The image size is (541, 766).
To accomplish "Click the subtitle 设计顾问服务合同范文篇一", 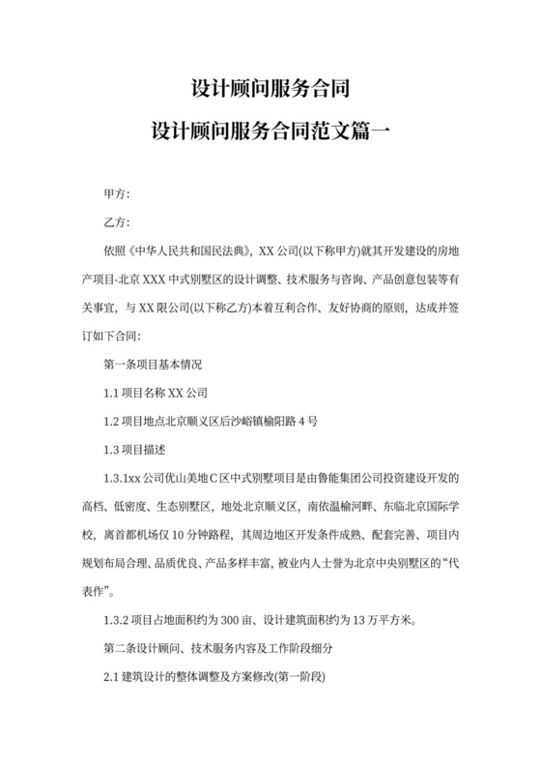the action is click(x=270, y=131).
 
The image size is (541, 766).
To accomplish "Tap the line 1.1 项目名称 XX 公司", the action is click(x=155, y=394).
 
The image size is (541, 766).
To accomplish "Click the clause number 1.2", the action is click(x=110, y=422).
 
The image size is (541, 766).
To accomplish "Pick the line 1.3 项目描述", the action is click(x=135, y=450).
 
